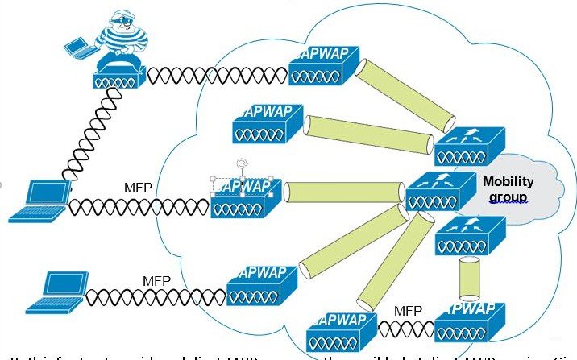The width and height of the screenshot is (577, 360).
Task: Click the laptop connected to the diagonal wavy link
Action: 37,201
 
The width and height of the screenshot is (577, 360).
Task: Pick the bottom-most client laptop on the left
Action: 56,295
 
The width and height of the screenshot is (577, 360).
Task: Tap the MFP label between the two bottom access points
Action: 409,310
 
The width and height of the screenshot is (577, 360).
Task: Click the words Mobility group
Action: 504,189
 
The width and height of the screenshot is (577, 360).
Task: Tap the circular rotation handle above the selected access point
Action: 240,164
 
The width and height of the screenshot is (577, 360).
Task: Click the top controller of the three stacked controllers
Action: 468,144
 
